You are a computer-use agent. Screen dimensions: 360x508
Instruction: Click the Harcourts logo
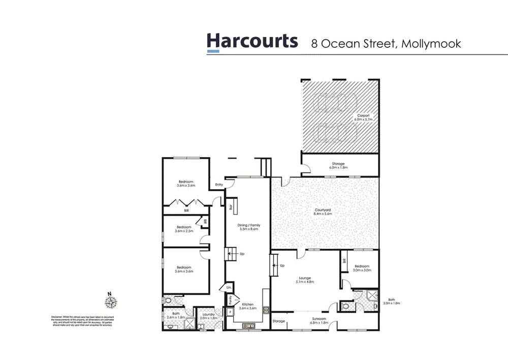pos(252,42)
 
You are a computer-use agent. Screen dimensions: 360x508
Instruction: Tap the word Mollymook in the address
pos(431,43)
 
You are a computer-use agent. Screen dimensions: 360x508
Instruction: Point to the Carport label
pos(364,117)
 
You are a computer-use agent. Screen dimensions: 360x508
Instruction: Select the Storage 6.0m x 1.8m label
pos(340,165)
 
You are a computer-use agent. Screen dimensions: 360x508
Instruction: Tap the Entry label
pos(219,185)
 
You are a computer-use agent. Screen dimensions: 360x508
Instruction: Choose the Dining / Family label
pos(248,227)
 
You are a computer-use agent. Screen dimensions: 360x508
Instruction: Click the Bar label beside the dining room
pos(231,207)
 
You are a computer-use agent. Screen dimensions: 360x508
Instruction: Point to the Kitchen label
pos(248,306)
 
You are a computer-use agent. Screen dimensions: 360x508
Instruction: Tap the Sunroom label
pos(319,320)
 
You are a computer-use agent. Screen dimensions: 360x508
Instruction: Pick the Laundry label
pos(207,315)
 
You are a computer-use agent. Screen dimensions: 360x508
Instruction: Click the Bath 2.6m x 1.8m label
pos(176,315)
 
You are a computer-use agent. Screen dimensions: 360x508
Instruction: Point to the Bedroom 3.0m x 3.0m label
pos(362,268)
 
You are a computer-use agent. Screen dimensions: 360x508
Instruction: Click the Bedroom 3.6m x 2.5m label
pos(183,229)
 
